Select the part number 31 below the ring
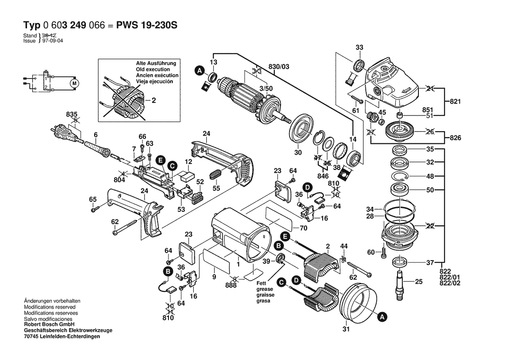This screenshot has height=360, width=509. pos(346,329)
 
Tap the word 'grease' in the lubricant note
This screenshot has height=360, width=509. pos(264,289)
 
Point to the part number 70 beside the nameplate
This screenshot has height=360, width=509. pos(303,228)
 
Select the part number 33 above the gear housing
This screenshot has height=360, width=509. pos(359,47)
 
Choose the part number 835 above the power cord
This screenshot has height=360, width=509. pos(71,114)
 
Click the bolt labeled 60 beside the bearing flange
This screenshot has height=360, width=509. pos(383,252)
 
